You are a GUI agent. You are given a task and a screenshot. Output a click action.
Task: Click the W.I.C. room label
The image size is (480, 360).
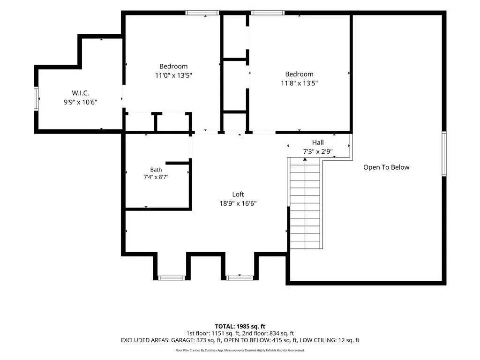tap(80, 93)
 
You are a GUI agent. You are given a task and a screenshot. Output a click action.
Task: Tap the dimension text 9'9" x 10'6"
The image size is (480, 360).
tap(80, 102)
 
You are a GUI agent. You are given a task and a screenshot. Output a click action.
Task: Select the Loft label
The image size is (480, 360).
tap(238, 195)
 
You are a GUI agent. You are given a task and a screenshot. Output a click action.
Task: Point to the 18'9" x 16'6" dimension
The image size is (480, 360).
tap(238, 203)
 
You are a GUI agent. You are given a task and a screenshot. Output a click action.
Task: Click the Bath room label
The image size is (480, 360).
tap(156, 170)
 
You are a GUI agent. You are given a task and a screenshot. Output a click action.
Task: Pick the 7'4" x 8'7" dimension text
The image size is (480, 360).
tap(156, 177)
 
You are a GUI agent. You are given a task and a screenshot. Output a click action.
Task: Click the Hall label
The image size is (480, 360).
tap(318, 142)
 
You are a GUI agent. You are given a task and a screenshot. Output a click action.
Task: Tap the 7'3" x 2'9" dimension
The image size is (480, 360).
tap(318, 151)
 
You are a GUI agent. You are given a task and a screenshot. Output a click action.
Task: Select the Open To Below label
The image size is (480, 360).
tap(386, 167)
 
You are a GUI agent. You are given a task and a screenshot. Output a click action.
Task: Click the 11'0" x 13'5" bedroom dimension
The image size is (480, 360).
tap(173, 75)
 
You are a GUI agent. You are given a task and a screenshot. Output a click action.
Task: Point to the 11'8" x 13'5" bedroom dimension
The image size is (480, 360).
tap(300, 83)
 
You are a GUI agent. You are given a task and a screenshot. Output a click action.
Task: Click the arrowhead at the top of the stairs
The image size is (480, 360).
tap(305, 159)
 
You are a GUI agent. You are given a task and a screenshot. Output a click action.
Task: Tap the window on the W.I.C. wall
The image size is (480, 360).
tap(36, 98)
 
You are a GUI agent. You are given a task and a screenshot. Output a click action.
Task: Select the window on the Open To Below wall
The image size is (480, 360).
tap(444, 154)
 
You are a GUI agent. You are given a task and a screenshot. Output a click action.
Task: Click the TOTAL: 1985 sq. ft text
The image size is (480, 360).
tap(240, 326)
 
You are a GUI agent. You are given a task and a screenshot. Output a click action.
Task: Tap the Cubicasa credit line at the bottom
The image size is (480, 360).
tap(240, 350)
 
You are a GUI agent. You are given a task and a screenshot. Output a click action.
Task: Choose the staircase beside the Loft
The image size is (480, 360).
tap(305, 203)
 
